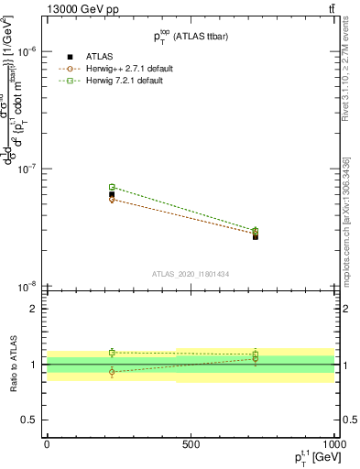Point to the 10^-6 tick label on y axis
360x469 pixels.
tap(27, 52)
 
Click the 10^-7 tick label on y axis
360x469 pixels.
tap(27, 169)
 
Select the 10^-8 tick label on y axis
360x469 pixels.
tap(27, 287)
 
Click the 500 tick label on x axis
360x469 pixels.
tap(191, 444)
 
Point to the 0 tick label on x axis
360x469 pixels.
tap(47, 444)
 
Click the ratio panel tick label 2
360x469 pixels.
tap(33, 309)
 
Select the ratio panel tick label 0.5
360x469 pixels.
tap(29, 420)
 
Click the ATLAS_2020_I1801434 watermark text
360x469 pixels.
tap(190, 274)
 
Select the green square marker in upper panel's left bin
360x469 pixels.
tap(112, 187)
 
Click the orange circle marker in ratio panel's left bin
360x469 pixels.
tap(112, 372)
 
